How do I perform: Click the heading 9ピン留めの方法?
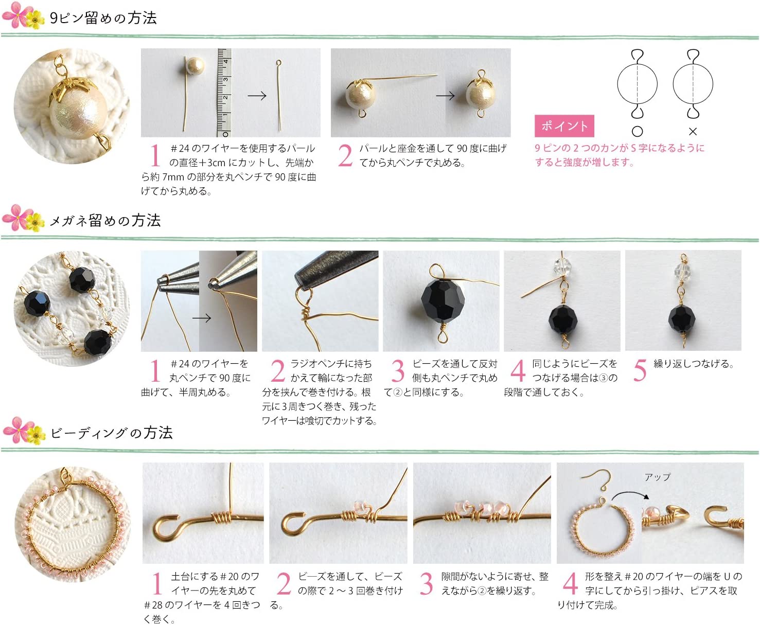[103, 18]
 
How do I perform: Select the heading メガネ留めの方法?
[105, 221]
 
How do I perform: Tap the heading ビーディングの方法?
[111, 433]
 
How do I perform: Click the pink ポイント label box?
[564, 126]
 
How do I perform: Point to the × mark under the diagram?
[693, 132]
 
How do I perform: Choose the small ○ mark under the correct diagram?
[637, 132]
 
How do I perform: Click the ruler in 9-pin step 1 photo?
[223, 93]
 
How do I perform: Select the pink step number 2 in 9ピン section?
[345, 156]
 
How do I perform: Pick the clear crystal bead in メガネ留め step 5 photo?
[683, 270]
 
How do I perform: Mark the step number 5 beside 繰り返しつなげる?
[639, 370]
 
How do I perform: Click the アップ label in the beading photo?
[657, 477]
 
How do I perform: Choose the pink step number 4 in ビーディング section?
[569, 584]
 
